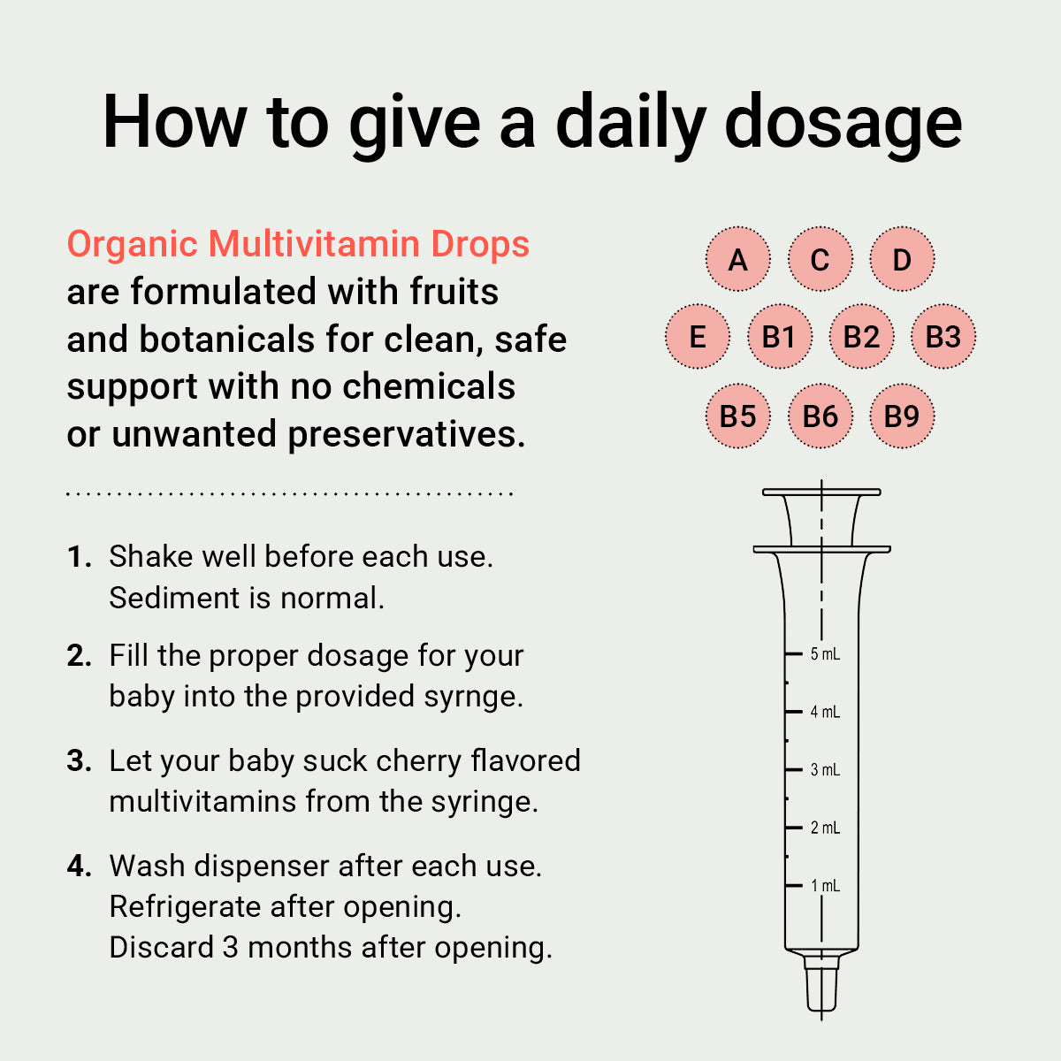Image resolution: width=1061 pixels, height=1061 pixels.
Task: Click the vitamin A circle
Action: [737, 259]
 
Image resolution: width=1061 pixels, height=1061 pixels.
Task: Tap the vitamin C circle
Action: [820, 259]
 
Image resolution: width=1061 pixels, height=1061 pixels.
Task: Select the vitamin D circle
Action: [902, 259]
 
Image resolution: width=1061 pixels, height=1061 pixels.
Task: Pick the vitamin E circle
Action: [697, 336]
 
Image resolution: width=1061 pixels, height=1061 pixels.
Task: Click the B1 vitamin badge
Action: [779, 336]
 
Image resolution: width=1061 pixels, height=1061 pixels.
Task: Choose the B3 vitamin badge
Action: [943, 336]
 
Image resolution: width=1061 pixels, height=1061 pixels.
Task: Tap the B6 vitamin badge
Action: [820, 416]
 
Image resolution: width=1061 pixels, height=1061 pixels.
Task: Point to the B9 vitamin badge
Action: [902, 416]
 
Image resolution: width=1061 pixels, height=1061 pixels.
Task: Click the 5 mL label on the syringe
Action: [825, 654]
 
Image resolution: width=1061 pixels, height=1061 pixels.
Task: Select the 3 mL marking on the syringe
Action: [825, 770]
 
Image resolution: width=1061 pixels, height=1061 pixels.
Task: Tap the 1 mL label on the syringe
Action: [825, 885]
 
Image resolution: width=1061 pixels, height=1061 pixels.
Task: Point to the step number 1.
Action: [80, 556]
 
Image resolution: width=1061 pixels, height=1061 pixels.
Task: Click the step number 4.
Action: [80, 866]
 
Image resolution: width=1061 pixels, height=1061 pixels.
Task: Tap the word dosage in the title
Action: [843, 123]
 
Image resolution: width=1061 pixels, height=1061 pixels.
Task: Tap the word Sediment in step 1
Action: [174, 598]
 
